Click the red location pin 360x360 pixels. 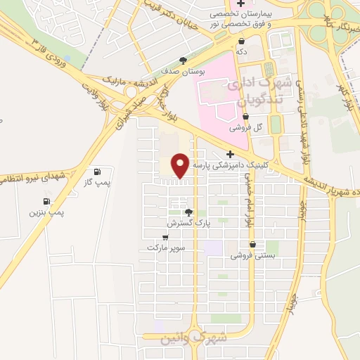click(181, 165)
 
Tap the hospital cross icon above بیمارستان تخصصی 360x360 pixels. click(241, 4)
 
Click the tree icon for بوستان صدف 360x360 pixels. click(183, 60)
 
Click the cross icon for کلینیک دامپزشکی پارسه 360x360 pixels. click(229, 154)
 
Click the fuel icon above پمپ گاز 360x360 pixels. click(97, 172)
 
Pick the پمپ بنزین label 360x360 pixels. click(47, 212)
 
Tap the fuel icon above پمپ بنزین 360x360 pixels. click(46, 201)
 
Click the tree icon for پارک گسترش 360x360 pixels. click(188, 212)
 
